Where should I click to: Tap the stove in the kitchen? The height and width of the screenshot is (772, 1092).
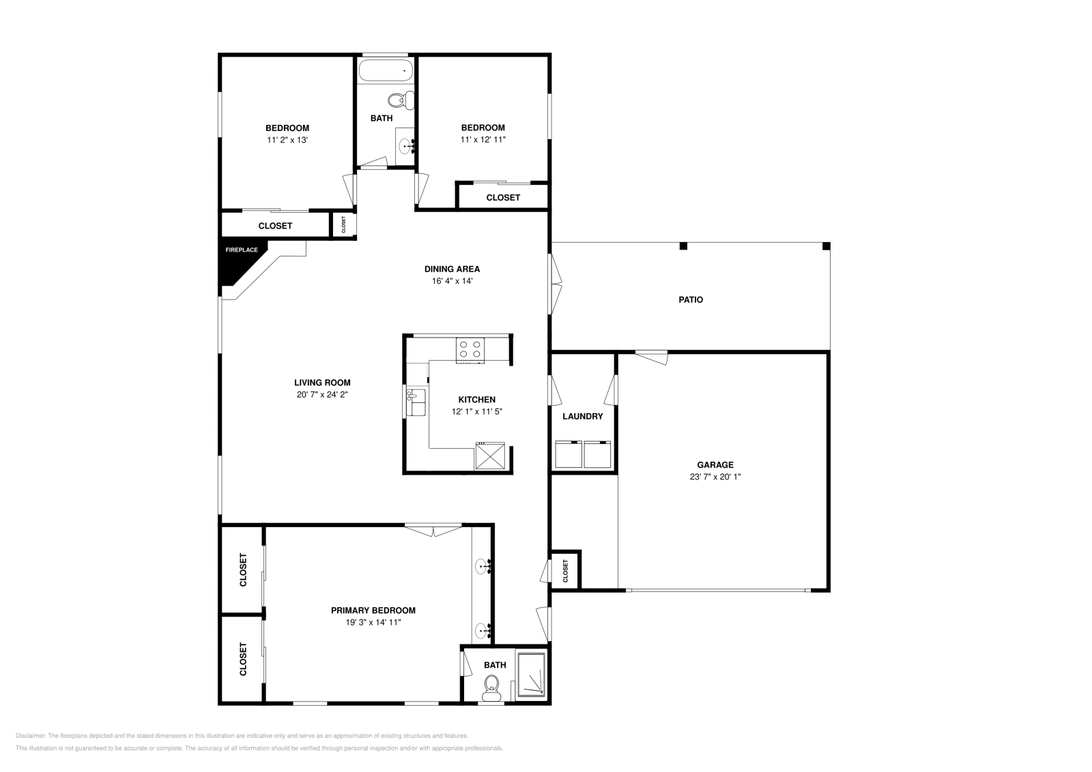click(x=470, y=349)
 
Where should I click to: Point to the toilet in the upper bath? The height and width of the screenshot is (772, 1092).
click(x=400, y=101)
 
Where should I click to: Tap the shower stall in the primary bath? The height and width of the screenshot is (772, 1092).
click(x=532, y=676)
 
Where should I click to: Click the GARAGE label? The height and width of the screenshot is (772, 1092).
click(x=715, y=464)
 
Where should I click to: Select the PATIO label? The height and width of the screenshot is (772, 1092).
click(x=690, y=299)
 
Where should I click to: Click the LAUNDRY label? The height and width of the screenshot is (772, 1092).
click(x=582, y=416)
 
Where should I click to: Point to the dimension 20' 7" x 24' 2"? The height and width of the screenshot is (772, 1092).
click(x=322, y=394)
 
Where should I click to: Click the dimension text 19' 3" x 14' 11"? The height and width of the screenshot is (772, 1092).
click(x=373, y=622)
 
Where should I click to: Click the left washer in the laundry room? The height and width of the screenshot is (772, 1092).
click(x=568, y=454)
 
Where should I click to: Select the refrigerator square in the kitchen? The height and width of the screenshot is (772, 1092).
click(x=490, y=456)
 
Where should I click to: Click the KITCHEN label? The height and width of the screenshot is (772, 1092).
click(x=476, y=400)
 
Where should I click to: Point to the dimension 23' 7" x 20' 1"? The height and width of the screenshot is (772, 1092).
click(x=715, y=477)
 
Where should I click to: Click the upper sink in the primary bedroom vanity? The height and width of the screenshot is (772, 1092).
click(x=485, y=565)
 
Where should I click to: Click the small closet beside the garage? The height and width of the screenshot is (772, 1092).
click(x=565, y=569)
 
